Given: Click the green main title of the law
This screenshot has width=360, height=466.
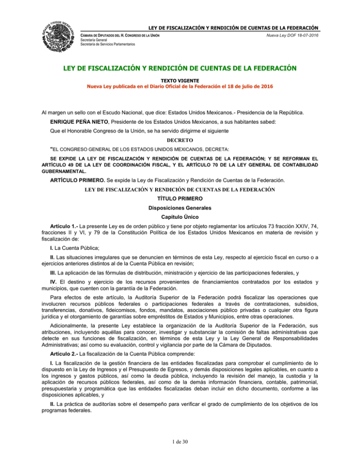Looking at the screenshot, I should pyautogui.click(x=180, y=70).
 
